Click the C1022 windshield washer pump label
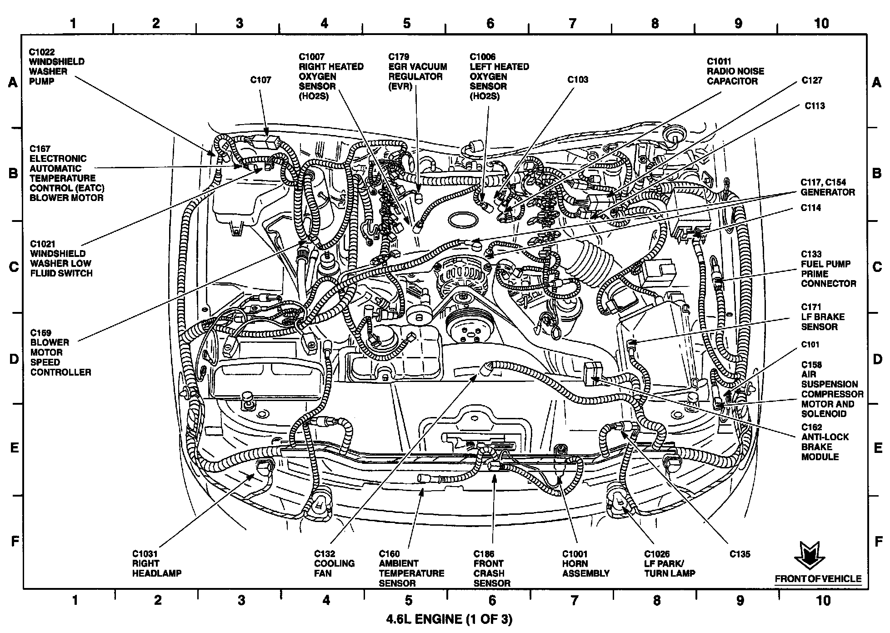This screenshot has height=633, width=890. (x=56, y=66)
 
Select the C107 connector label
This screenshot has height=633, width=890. (x=260, y=80)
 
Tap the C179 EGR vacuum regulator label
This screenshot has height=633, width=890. (x=417, y=72)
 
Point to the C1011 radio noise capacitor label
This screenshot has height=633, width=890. (x=735, y=71)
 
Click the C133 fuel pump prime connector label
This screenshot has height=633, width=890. (x=828, y=269)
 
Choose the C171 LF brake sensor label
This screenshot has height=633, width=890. (x=823, y=316)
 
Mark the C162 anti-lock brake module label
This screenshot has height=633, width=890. (x=825, y=442)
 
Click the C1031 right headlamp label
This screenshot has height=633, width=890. (x=156, y=563)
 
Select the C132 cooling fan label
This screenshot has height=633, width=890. (x=334, y=563)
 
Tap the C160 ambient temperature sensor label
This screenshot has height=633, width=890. (x=411, y=568)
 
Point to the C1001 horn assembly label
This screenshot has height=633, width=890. (x=585, y=563)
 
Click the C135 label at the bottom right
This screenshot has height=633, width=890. (x=740, y=554)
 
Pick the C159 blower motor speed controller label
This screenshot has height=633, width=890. (x=60, y=352)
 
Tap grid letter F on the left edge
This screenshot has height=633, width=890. (x=15, y=541)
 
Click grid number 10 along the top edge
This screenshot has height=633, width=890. (x=821, y=23)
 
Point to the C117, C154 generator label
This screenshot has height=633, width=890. (x=827, y=187)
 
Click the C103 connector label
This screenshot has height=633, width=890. (x=577, y=80)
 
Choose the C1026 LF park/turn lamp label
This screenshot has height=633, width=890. (x=669, y=563)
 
